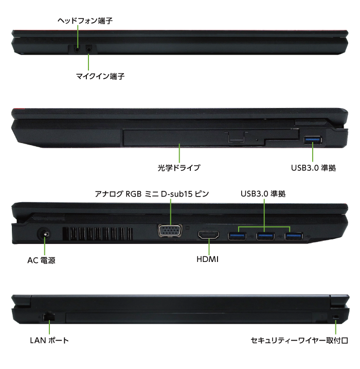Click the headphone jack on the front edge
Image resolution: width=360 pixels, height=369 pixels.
point(77,49)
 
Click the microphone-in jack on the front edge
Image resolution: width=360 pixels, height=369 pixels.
point(88,49)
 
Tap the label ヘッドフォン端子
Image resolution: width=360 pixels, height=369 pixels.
point(85,21)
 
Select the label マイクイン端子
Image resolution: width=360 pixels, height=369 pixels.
point(100,76)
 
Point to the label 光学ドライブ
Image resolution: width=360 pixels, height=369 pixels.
point(178,168)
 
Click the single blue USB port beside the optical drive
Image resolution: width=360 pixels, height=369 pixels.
point(313,140)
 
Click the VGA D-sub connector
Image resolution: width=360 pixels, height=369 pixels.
point(170,231)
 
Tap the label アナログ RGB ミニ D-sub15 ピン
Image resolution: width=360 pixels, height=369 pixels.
point(152,194)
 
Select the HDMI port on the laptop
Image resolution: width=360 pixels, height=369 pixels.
point(209,235)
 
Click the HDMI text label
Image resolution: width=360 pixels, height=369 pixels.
point(207,259)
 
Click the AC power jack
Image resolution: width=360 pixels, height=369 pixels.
point(44,234)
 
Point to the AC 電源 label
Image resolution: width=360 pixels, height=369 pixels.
point(41,260)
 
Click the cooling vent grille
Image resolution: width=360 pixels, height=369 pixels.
point(98,234)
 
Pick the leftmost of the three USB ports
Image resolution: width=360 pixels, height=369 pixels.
point(237,236)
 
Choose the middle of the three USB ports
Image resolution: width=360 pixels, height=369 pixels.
point(265,236)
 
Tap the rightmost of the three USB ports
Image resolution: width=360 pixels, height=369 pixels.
point(294,236)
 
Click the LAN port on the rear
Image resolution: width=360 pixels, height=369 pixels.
point(49,316)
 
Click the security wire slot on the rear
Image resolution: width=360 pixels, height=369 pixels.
point(336,317)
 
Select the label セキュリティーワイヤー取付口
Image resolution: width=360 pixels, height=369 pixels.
point(299,340)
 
